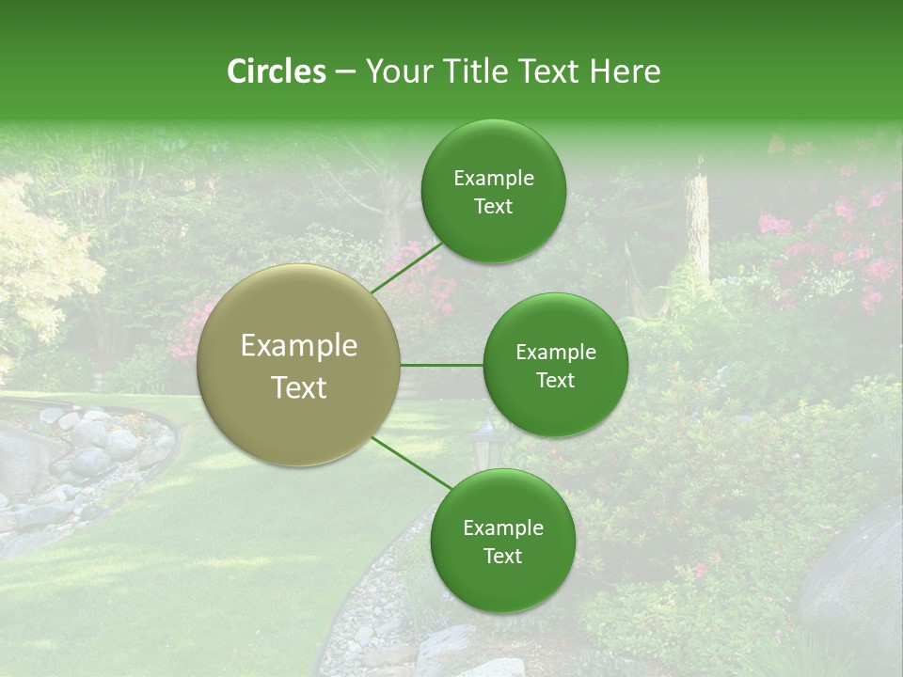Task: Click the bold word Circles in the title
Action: (x=277, y=71)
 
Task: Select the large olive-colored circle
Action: (x=299, y=365)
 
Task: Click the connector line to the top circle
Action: (x=406, y=267)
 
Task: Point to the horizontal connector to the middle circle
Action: (x=442, y=365)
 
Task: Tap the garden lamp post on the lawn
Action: (x=486, y=442)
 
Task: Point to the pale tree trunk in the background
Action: (x=697, y=226)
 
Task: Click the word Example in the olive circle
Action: (x=299, y=346)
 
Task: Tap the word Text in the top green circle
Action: (x=493, y=207)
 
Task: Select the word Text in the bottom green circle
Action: (x=502, y=556)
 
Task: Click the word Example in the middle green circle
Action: (x=555, y=353)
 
